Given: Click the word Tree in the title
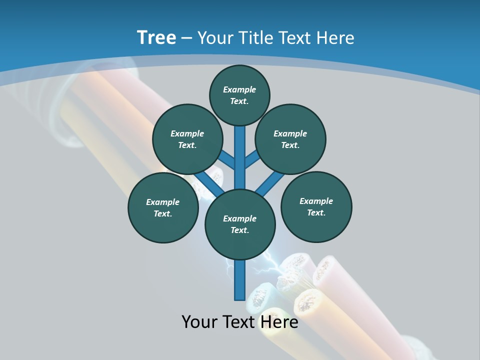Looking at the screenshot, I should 156,37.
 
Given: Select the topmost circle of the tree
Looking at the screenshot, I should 239,95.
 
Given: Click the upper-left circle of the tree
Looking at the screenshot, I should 187,139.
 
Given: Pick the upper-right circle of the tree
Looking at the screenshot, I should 290,139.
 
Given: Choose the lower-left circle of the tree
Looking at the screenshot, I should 163,207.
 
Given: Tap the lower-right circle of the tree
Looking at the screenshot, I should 316,206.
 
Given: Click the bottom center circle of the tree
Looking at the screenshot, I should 240,224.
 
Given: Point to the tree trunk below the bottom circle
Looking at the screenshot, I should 240,280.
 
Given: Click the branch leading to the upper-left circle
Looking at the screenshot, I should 227,160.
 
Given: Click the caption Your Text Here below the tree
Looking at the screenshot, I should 240,322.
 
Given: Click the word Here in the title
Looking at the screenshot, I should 335,38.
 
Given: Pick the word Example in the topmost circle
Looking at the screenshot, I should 239,89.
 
